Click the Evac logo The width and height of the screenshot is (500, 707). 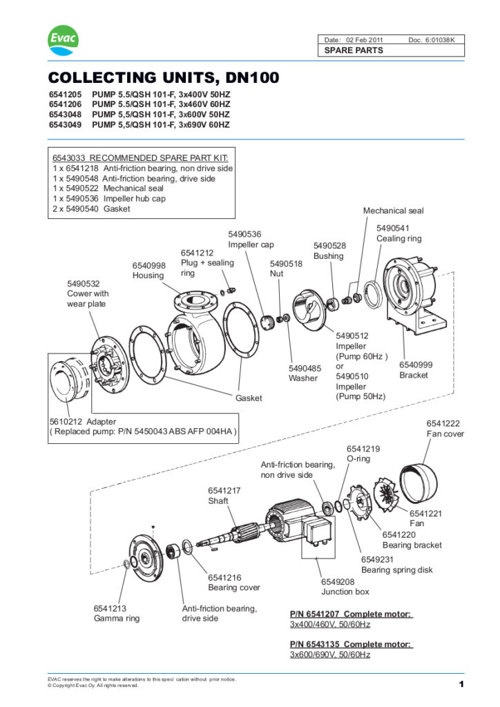coord(63,42)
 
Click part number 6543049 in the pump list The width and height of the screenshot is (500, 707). coord(66,125)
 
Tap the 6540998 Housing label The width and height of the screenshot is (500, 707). coord(149,271)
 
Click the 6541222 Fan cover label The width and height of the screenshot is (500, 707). coord(445,429)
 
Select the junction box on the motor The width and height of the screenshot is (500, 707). coord(316,534)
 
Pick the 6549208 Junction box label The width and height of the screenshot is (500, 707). coord(345,587)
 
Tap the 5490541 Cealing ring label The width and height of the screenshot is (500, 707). coord(398,233)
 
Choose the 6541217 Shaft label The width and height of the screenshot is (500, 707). coord(224,496)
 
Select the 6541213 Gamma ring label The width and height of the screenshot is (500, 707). coord(116,613)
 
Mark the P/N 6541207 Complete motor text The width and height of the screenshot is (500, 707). coord(351,614)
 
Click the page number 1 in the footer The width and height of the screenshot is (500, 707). coord(459,684)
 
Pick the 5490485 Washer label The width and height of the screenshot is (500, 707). coord(305,373)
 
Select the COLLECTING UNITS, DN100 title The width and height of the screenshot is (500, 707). coord(164,78)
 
